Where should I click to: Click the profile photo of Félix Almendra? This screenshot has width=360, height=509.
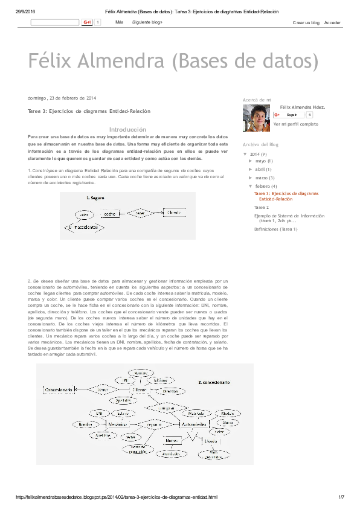(x=256, y=118)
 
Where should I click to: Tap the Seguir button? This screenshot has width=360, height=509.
(x=291, y=114)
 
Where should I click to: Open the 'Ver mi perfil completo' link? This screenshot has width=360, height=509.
(x=295, y=124)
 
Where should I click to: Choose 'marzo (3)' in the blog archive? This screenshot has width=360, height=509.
(x=265, y=178)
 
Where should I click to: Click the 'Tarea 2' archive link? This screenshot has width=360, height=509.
(x=262, y=207)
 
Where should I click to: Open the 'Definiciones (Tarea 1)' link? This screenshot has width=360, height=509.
(x=276, y=229)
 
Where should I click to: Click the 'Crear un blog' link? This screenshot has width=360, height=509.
(x=305, y=23)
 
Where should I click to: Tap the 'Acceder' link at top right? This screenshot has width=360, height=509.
(x=332, y=23)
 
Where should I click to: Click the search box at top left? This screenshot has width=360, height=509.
(x=54, y=22)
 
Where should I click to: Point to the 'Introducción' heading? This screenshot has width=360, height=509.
(x=127, y=130)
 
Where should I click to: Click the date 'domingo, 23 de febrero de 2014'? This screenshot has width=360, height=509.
(x=62, y=98)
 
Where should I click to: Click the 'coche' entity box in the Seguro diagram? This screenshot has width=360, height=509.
(x=110, y=214)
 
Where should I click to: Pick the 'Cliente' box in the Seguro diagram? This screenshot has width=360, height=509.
(x=174, y=213)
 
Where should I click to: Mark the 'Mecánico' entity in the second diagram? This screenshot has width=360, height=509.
(x=118, y=424)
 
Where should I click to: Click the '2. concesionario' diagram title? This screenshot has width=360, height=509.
(x=214, y=383)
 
